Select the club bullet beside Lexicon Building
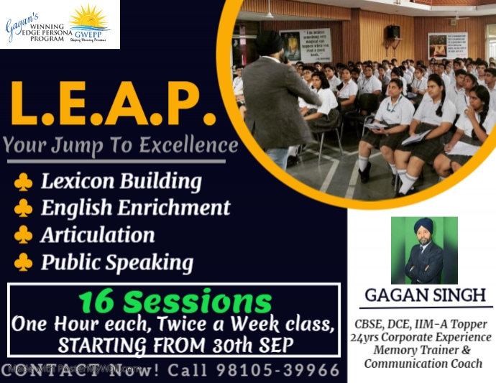click(23, 181)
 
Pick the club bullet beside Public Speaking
click(23, 262)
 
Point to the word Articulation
click(98, 235)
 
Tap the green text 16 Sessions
click(175, 301)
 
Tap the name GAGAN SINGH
click(425, 295)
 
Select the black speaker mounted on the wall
click(393, 32)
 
